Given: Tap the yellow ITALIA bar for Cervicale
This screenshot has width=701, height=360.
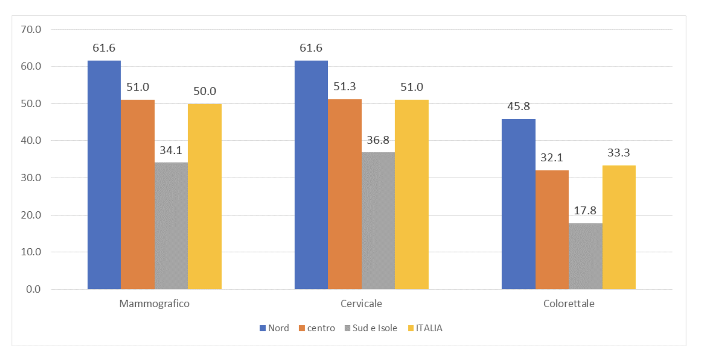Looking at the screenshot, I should (411, 195).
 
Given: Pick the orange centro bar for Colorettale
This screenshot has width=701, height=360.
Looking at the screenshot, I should (552, 230).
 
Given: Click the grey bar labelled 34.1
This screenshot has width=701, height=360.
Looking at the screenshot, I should (171, 226).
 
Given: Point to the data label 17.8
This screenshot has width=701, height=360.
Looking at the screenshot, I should (585, 210).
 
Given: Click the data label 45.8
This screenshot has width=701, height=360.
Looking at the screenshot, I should (518, 106).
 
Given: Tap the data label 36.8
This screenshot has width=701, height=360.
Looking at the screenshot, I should (378, 140).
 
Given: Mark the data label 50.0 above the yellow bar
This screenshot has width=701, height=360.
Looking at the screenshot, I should (204, 91).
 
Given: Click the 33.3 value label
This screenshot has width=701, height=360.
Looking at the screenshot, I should (618, 153).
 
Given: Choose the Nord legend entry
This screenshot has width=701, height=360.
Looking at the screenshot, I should (274, 328).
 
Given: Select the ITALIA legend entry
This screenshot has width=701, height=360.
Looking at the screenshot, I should (425, 328).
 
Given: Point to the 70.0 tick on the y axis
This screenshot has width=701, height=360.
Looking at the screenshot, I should (31, 30).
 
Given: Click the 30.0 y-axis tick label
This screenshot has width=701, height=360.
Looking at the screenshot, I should (31, 178).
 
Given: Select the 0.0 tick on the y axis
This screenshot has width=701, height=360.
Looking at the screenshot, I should (33, 289).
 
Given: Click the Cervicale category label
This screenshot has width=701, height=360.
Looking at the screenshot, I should (361, 304).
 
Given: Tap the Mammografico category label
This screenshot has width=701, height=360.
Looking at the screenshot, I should (154, 304).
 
